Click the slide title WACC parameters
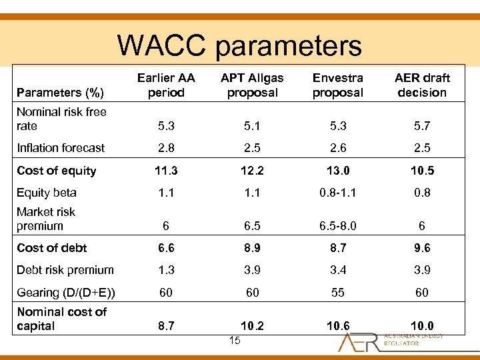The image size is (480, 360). tap(239, 45)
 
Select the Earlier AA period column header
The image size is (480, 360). tap(166, 85)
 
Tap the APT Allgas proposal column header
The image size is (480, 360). tap(252, 85)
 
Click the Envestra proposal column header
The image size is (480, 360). tap(338, 85)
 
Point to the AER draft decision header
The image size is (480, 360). tap(422, 85)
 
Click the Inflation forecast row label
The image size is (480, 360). tap(61, 148)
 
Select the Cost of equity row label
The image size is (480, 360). tap(57, 171)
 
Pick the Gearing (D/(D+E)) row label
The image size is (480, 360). tap(66, 293)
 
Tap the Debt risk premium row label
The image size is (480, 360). tap(65, 270)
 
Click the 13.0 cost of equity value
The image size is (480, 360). tap(338, 171)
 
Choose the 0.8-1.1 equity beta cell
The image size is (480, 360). tap(338, 193)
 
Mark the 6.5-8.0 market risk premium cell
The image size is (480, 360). tap(338, 226)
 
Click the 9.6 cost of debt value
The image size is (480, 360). tap(422, 248)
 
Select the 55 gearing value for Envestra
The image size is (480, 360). tap(338, 293)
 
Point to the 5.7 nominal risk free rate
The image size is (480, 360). tap(422, 126)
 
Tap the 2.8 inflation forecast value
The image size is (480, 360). tap(166, 148)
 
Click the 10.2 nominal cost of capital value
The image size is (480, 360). tap(252, 327)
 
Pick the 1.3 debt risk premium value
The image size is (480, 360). tap(166, 270)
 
